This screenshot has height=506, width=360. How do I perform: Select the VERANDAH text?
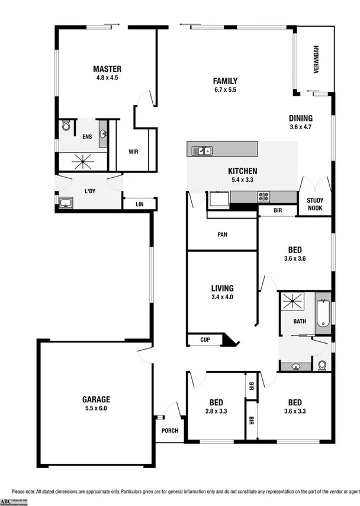click(316, 59)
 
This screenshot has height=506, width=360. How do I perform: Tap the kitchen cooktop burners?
click(263, 196)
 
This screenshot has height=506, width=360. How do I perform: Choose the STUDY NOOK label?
click(315, 204)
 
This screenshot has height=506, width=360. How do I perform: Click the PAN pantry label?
click(222, 234)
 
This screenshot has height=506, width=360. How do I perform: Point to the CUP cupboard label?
click(205, 340)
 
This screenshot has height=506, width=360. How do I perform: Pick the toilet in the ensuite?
click(66, 126)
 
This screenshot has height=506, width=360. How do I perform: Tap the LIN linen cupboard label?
click(139, 204)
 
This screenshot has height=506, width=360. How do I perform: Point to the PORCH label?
click(169, 431)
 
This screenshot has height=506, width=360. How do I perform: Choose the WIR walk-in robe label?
click(134, 151)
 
